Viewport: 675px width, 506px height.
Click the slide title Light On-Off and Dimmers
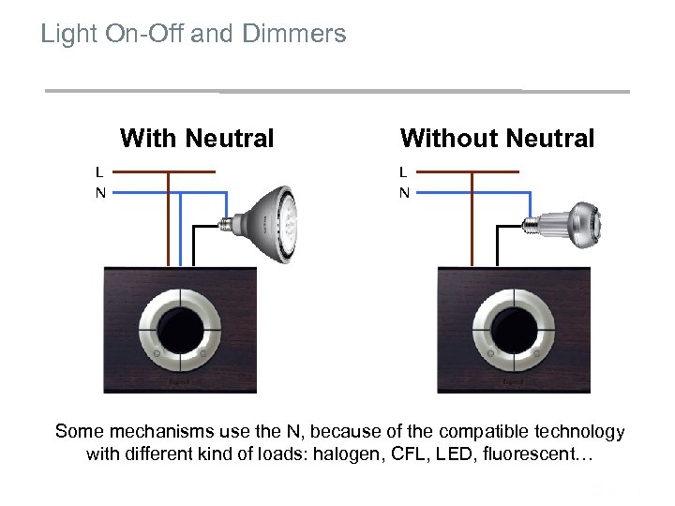[193, 35]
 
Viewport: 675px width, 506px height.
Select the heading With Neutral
[197, 139]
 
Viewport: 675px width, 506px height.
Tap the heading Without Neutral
[497, 139]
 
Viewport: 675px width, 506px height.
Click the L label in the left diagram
[99, 171]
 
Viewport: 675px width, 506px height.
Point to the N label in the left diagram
[99, 193]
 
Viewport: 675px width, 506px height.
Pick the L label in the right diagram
[403, 171]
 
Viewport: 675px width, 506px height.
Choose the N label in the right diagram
[404, 193]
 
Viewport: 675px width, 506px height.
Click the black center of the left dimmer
[179, 329]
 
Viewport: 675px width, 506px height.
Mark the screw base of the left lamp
[228, 224]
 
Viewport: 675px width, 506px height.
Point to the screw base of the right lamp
[532, 223]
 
